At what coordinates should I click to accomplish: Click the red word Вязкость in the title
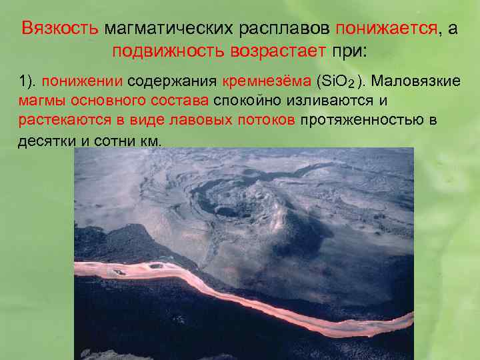[60, 29]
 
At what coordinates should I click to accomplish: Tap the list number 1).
[27, 81]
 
